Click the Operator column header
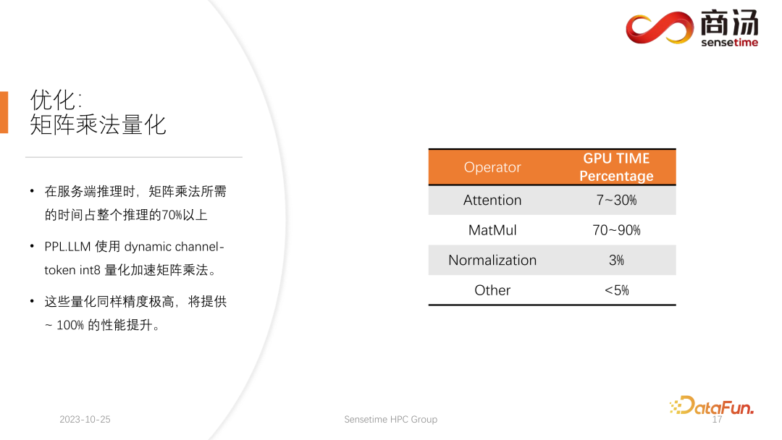click(x=492, y=167)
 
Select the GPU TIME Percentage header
click(x=616, y=167)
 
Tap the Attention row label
click(x=492, y=200)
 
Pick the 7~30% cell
click(x=616, y=200)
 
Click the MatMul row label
click(x=492, y=230)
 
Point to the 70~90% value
click(x=616, y=230)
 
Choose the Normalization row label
click(x=492, y=261)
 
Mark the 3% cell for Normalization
click(x=616, y=261)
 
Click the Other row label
click(x=492, y=290)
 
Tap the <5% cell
click(x=616, y=290)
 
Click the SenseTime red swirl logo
click(x=659, y=27)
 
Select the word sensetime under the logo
click(x=729, y=42)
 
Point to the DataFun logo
click(x=711, y=406)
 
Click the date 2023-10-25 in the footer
click(x=85, y=420)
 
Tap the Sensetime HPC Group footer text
click(x=391, y=420)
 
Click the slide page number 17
click(x=718, y=420)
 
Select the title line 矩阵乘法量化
click(x=98, y=124)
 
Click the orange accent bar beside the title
click(x=4, y=112)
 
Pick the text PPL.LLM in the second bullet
click(x=67, y=247)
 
